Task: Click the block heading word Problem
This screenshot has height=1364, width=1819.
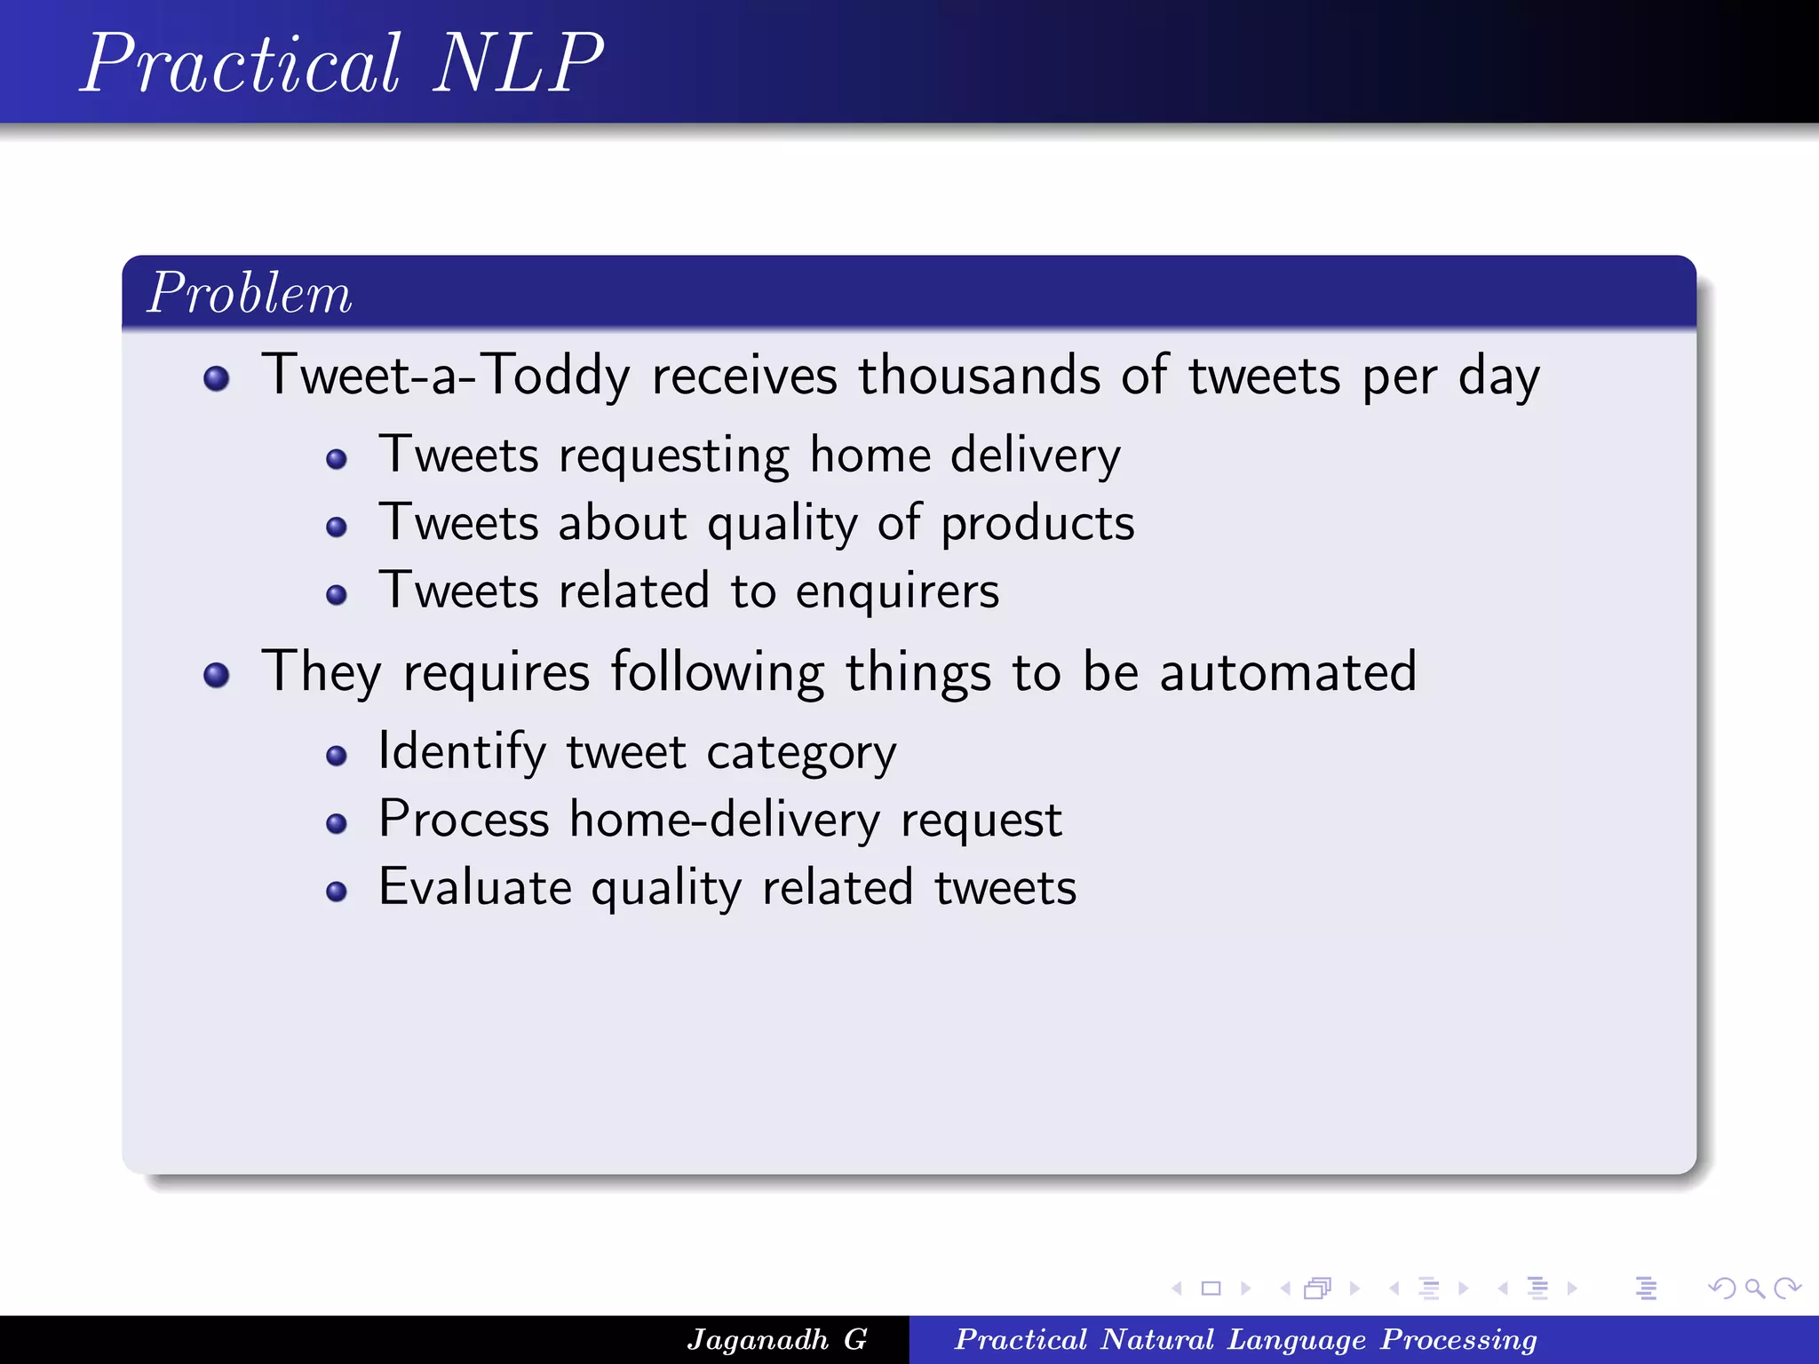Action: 250,293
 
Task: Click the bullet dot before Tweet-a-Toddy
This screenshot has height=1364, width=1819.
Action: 216,379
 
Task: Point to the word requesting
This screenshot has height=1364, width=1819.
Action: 673,456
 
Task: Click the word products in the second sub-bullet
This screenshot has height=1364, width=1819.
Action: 1037,524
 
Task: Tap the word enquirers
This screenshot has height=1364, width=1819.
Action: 897,592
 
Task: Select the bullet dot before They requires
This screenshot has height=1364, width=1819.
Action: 216,676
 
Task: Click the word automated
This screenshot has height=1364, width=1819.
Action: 1288,671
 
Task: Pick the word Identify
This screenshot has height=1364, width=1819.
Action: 462,752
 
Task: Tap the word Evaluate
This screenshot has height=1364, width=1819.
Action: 474,887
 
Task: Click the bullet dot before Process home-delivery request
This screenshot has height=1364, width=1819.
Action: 336,824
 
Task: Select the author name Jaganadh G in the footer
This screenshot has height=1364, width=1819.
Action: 776,1339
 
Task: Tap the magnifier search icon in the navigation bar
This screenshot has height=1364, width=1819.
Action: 1754,1288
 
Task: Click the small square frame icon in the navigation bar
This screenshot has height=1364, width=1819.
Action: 1211,1288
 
